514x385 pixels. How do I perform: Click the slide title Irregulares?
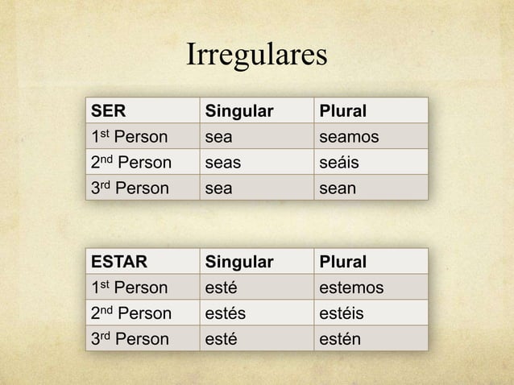(257, 57)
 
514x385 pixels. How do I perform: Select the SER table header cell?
(108, 109)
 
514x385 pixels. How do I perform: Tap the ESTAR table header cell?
(114, 262)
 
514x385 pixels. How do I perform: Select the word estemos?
(352, 288)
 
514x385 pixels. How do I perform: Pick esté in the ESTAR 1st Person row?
(222, 288)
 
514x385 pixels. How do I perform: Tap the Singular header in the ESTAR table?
(239, 262)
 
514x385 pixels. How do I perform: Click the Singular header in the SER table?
(239, 109)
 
